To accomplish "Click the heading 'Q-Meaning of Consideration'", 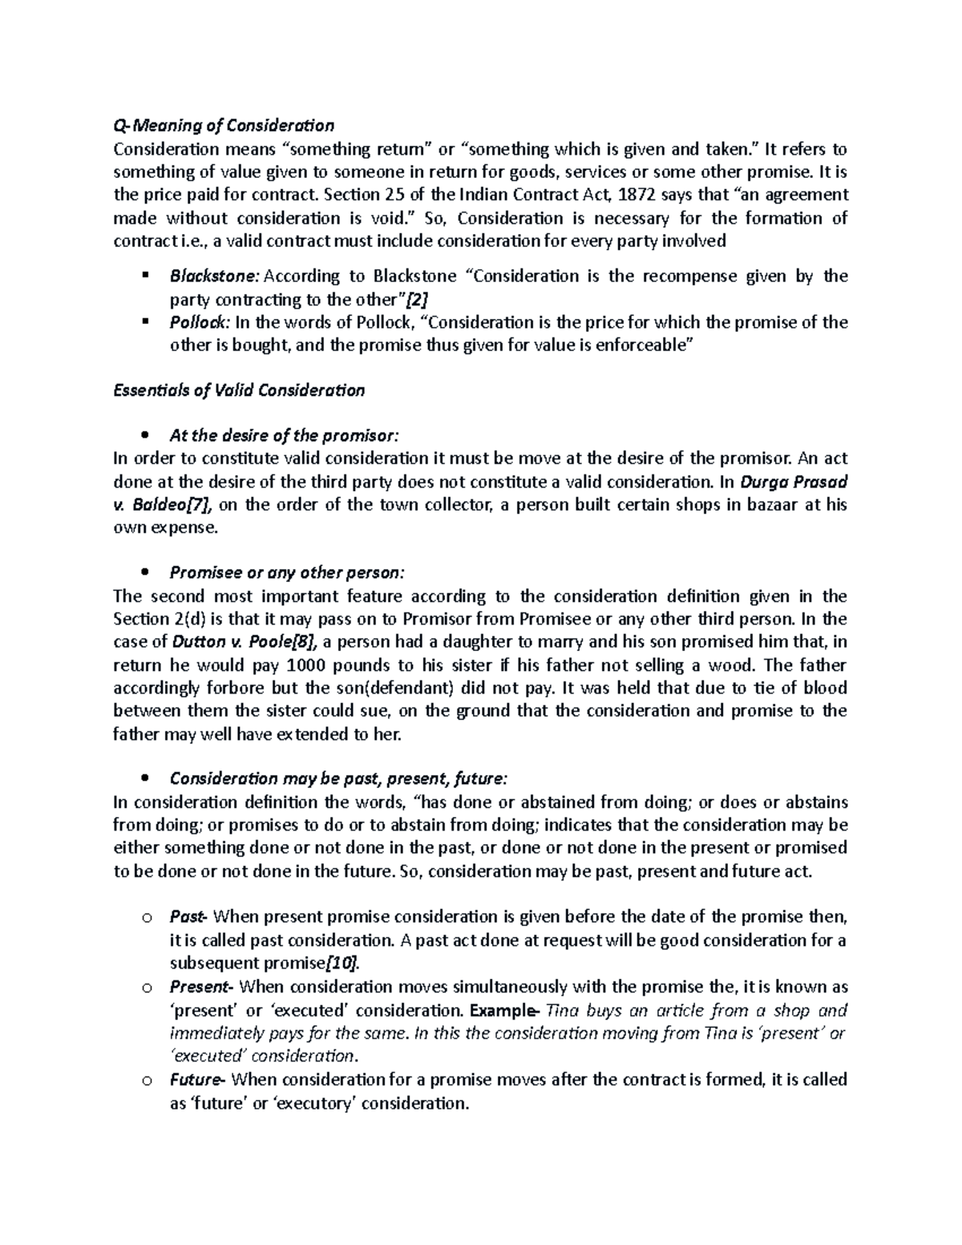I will [x=224, y=126].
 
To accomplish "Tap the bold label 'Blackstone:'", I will [x=214, y=277].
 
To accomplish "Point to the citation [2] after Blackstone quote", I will [x=417, y=300].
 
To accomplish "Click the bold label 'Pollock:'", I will [x=200, y=322].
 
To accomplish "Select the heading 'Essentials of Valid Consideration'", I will [x=239, y=390].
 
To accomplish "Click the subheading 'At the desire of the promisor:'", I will [x=283, y=436].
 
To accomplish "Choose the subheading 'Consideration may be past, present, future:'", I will [x=338, y=779].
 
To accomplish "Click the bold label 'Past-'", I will [x=188, y=916].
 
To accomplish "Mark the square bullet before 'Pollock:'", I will [x=144, y=321].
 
